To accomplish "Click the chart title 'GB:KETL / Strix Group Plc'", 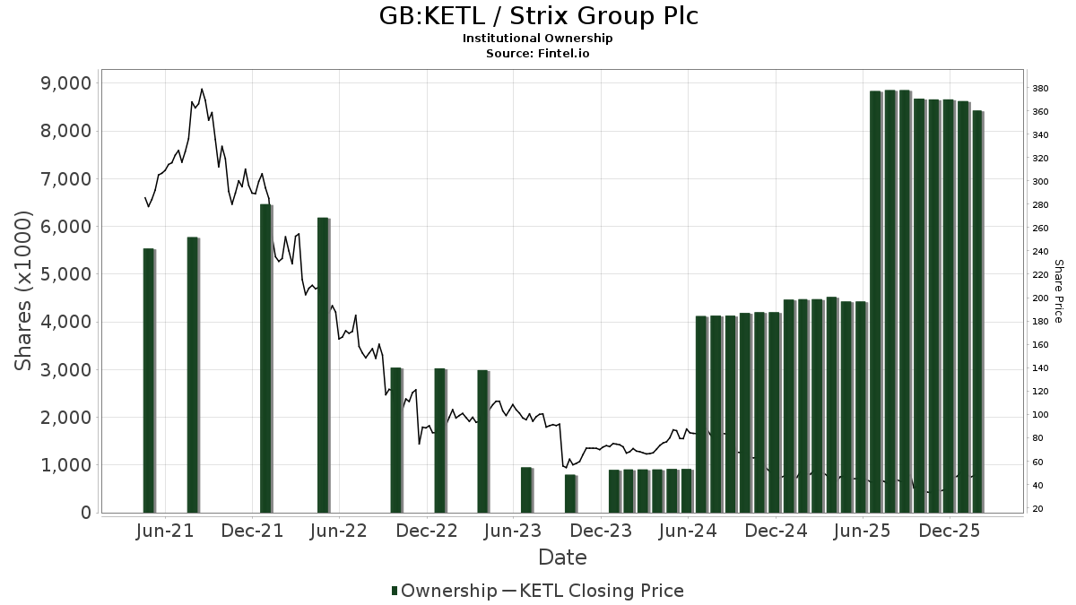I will click(x=537, y=16).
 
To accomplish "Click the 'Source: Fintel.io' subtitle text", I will click(x=537, y=53).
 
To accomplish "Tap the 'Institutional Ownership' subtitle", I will click(x=537, y=38).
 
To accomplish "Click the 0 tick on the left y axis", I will click(x=85, y=513).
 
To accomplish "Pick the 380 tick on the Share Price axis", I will click(x=1040, y=89).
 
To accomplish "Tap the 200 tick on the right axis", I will click(x=1040, y=298).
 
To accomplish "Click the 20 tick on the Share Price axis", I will click(x=1037, y=509).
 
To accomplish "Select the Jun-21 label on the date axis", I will click(x=165, y=531).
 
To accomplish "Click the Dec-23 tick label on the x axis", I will click(x=603, y=531).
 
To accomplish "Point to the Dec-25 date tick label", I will click(x=951, y=531).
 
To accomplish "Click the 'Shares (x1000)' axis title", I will click(x=24, y=291).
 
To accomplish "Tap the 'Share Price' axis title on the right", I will click(x=1058, y=291).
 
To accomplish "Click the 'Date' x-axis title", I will click(x=562, y=557).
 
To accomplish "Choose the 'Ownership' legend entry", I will click(x=444, y=591).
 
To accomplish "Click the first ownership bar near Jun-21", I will click(x=149, y=380).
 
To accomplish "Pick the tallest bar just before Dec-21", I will click(x=265, y=359).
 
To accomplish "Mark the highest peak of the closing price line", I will click(x=202, y=89).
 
